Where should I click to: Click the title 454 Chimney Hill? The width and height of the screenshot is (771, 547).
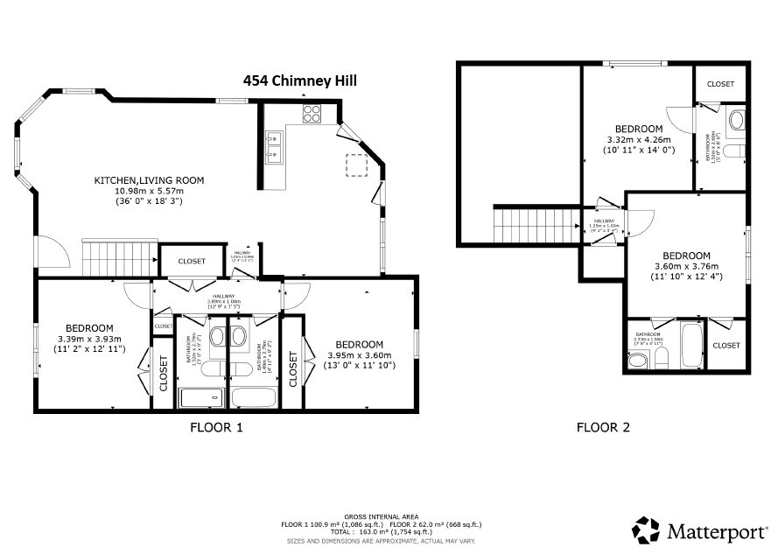point(300,81)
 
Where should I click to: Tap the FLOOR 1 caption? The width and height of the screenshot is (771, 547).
point(216,428)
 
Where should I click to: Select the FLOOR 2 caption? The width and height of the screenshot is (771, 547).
point(602,428)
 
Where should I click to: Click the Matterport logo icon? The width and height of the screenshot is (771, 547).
point(647,529)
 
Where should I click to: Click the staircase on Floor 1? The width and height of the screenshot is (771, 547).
point(118,256)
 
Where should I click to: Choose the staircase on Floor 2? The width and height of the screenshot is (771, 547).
point(536,226)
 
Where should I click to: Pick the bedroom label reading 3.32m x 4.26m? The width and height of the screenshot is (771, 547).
point(639,139)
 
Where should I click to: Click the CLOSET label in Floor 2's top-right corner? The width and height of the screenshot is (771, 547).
point(721,84)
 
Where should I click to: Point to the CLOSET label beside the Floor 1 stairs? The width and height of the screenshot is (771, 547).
point(192,261)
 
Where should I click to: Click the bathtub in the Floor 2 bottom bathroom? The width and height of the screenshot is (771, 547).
point(690,347)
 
